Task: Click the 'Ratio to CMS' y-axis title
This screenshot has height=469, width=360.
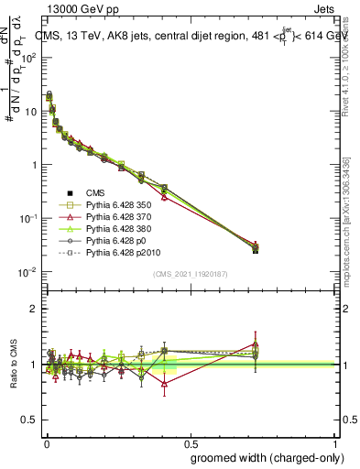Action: [x=13, y=365]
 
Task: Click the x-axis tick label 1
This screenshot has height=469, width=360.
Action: [x=335, y=442]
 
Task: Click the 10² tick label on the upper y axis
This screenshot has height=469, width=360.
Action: [x=30, y=57]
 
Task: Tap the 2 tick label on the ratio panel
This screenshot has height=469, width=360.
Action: [x=35, y=309]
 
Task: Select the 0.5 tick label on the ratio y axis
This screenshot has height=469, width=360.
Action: [x=31, y=420]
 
